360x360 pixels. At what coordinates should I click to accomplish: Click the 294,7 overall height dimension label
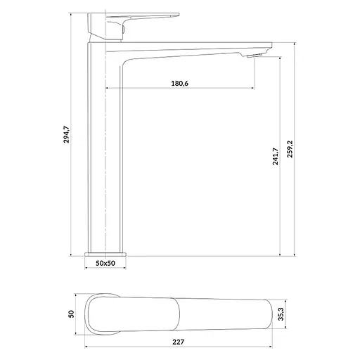pyautogui.click(x=67, y=134)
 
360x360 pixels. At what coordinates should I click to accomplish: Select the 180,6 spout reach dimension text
pyautogui.click(x=180, y=83)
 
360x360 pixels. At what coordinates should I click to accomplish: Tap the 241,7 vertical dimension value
pyautogui.click(x=276, y=156)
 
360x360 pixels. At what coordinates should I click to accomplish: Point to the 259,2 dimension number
pyautogui.click(x=290, y=149)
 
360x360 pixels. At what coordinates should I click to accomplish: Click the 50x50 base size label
pyautogui.click(x=105, y=263)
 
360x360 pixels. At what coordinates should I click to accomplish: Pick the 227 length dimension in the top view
pyautogui.click(x=179, y=342)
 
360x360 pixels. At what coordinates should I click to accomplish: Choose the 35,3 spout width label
pyautogui.click(x=281, y=314)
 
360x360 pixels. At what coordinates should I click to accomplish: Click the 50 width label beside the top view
pyautogui.click(x=71, y=314)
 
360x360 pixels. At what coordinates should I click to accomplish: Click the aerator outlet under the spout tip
pyautogui.click(x=254, y=56)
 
